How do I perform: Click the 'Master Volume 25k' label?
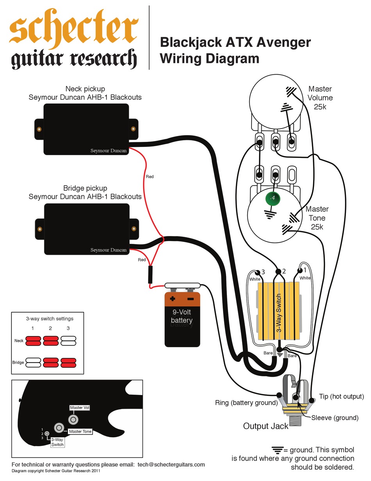pyautogui.click(x=320, y=98)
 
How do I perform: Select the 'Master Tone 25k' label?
pyautogui.click(x=317, y=218)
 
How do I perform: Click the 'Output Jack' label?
pyautogui.click(x=266, y=426)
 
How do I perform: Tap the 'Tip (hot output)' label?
pyautogui.click(x=341, y=397)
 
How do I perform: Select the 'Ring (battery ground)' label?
pyautogui.click(x=246, y=403)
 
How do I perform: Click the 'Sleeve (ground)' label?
pyautogui.click(x=335, y=418)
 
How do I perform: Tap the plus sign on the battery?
pyautogui.click(x=173, y=299)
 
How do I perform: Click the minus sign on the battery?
pyautogui.click(x=190, y=299)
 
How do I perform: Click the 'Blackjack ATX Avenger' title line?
pyautogui.click(x=235, y=42)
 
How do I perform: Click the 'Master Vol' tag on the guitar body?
pyautogui.click(x=80, y=408)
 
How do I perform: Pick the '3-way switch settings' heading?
pyautogui.click(x=50, y=318)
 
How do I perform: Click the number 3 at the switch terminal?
pyautogui.click(x=263, y=272)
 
